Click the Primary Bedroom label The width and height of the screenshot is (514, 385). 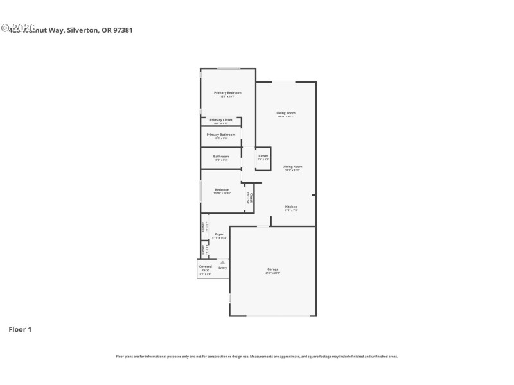click(x=227, y=92)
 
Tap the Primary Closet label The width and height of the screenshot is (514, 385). click(x=220, y=120)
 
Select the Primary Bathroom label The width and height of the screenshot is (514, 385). click(x=221, y=135)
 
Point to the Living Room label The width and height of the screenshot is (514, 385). click(x=286, y=113)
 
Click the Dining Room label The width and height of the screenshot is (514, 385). click(x=292, y=167)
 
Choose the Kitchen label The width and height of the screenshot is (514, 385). click(x=291, y=207)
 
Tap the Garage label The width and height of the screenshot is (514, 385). click(x=273, y=269)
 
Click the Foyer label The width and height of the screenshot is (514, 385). click(x=219, y=234)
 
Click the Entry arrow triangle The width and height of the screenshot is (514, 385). click(x=222, y=262)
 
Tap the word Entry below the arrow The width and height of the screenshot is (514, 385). click(x=222, y=268)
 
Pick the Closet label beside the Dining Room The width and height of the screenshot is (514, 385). click(x=263, y=156)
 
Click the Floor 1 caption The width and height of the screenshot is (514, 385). click(x=20, y=329)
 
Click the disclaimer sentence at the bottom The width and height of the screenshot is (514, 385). click(x=256, y=356)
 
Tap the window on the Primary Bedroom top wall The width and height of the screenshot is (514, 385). click(x=229, y=69)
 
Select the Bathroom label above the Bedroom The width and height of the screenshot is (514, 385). click(x=221, y=156)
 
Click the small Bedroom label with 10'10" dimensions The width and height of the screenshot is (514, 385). click(x=222, y=190)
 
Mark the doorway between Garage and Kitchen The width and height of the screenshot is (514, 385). click(x=263, y=226)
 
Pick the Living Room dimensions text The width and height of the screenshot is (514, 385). click(x=286, y=117)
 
